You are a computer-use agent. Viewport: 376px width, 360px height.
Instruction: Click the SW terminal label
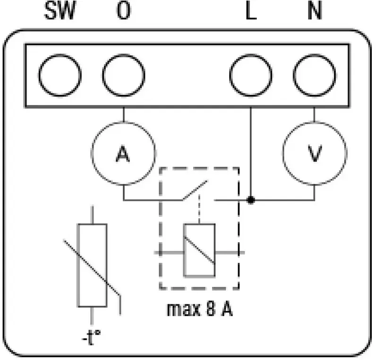(x=60, y=10)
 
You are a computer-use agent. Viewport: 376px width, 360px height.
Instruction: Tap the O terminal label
(x=124, y=10)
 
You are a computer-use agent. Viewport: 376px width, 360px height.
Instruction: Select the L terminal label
(x=251, y=10)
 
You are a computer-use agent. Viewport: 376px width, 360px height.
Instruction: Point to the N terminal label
(x=315, y=10)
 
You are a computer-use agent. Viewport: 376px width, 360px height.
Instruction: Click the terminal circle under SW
(x=60, y=55)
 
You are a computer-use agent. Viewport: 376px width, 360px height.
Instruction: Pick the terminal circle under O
(x=124, y=55)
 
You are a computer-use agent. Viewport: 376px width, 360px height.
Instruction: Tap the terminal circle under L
(x=251, y=55)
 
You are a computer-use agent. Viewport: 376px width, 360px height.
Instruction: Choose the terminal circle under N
(x=315, y=55)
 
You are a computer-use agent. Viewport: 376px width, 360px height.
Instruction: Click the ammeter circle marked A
(x=123, y=122)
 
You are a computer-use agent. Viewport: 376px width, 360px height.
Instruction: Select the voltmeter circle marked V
(x=315, y=122)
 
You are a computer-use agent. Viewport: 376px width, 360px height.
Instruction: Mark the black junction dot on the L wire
(x=251, y=200)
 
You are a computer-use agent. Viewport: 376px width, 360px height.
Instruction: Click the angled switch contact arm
(x=195, y=191)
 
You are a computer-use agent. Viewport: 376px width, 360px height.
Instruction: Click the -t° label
(x=91, y=337)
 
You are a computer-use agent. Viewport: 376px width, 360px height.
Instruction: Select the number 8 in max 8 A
(x=210, y=309)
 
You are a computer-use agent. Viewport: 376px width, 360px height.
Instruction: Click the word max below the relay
(x=183, y=310)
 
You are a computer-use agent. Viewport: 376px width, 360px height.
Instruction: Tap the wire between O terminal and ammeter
(x=123, y=115)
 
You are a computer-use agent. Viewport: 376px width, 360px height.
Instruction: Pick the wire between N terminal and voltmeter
(x=315, y=115)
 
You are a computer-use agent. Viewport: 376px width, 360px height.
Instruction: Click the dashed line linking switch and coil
(x=199, y=209)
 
